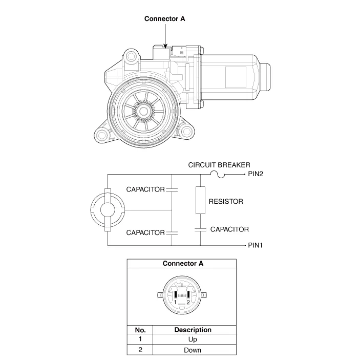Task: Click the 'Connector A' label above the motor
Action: point(164,19)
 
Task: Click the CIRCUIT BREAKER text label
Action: point(219,165)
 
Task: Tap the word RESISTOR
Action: point(225,202)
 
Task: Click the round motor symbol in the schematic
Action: point(107,210)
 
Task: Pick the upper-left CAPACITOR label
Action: point(145,189)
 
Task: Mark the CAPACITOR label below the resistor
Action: point(229,229)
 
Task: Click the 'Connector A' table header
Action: point(183,264)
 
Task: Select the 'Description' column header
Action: point(193,330)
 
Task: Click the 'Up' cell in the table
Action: point(193,339)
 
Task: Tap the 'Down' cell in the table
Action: point(193,350)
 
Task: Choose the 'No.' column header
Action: point(140,330)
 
